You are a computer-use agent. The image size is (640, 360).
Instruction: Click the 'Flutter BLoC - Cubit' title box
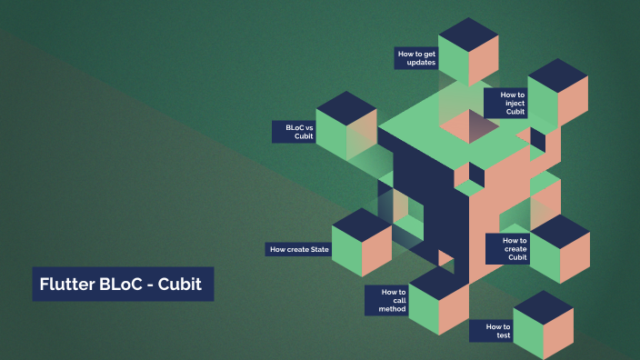(123, 284)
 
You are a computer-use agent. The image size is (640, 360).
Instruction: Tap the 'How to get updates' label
(417, 58)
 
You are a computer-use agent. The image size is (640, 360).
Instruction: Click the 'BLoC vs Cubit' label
(294, 132)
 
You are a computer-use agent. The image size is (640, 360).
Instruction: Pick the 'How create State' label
(299, 249)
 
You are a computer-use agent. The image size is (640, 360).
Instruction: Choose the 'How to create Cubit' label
(507, 248)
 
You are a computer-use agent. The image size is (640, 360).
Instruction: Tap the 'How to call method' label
(387, 301)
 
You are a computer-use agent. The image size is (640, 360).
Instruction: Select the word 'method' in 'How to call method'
(393, 310)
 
